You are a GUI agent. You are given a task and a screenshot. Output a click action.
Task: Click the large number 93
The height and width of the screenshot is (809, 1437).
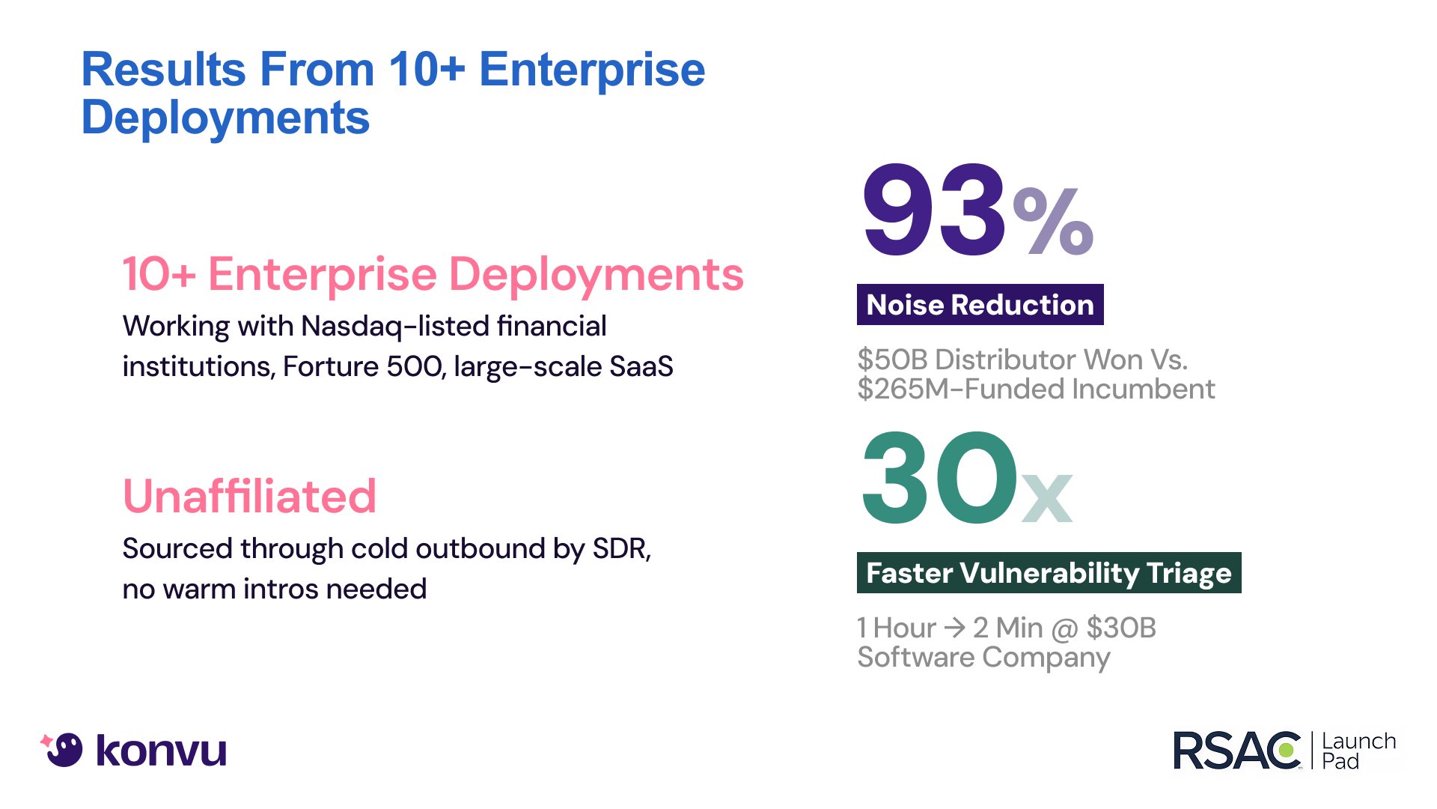934,210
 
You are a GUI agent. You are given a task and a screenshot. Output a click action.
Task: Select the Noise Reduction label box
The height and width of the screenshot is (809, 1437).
980,305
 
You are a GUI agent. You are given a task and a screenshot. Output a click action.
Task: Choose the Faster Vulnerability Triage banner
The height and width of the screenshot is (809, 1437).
1049,573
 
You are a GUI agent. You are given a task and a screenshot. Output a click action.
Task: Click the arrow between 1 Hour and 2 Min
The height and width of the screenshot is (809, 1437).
954,627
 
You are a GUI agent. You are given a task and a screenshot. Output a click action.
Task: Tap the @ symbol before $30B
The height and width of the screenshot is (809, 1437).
1064,628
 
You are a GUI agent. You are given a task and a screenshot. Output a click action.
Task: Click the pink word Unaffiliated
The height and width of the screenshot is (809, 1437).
249,496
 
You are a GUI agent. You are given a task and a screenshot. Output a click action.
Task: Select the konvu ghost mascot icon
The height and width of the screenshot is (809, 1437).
63,749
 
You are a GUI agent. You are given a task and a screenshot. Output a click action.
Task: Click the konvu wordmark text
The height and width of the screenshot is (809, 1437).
161,751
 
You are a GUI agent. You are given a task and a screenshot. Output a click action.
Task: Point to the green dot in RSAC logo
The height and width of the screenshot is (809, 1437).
1288,750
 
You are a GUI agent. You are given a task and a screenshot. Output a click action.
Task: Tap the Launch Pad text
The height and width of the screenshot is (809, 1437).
1358,751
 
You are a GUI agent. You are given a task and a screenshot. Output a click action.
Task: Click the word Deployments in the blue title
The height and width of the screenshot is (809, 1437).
225,118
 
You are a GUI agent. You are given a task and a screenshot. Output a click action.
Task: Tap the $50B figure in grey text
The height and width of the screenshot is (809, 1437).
892,360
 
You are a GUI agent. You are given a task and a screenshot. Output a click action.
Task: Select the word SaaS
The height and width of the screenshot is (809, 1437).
641,367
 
